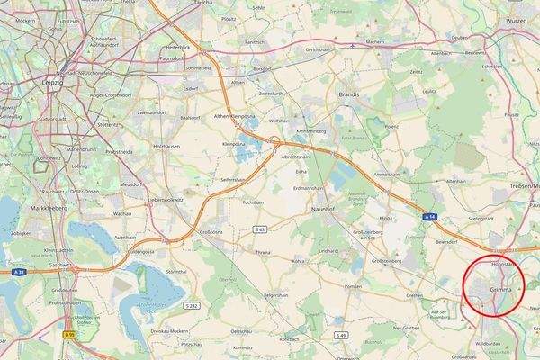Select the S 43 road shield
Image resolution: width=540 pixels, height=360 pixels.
pyautogui.click(x=260, y=230)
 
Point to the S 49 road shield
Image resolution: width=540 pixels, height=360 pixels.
pyautogui.click(x=341, y=335)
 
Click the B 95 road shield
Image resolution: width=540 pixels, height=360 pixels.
pyautogui.click(x=67, y=335)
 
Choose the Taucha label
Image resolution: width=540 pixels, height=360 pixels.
pyautogui.click(x=202, y=4)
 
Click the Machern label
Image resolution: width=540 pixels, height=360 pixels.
pyautogui.click(x=375, y=41)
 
